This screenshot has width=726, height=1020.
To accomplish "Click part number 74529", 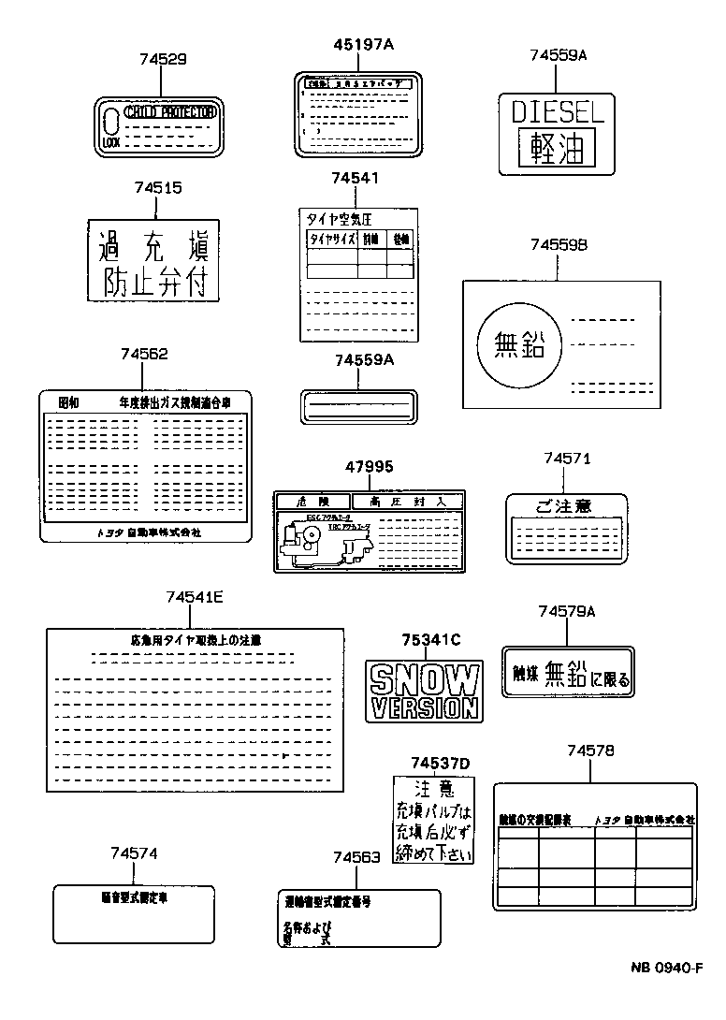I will [x=163, y=58].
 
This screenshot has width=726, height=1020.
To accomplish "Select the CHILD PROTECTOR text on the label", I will [x=169, y=112].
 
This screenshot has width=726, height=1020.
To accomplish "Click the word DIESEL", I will [x=558, y=113].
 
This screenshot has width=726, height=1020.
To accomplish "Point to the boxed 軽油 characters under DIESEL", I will [x=558, y=148].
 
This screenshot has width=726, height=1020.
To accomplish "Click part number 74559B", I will [x=558, y=244].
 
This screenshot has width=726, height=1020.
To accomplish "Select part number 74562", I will [x=144, y=354].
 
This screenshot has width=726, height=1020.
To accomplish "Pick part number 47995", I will [x=369, y=466].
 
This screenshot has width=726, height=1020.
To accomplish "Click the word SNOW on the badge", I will [x=425, y=677].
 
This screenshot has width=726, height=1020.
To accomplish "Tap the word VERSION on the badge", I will [x=425, y=707].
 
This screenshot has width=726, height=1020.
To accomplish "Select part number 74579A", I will [x=566, y=611].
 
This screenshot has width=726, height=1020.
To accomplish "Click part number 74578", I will [x=590, y=750].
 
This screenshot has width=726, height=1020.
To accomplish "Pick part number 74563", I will [x=356, y=857].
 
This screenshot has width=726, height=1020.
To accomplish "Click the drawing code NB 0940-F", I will [x=665, y=968].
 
